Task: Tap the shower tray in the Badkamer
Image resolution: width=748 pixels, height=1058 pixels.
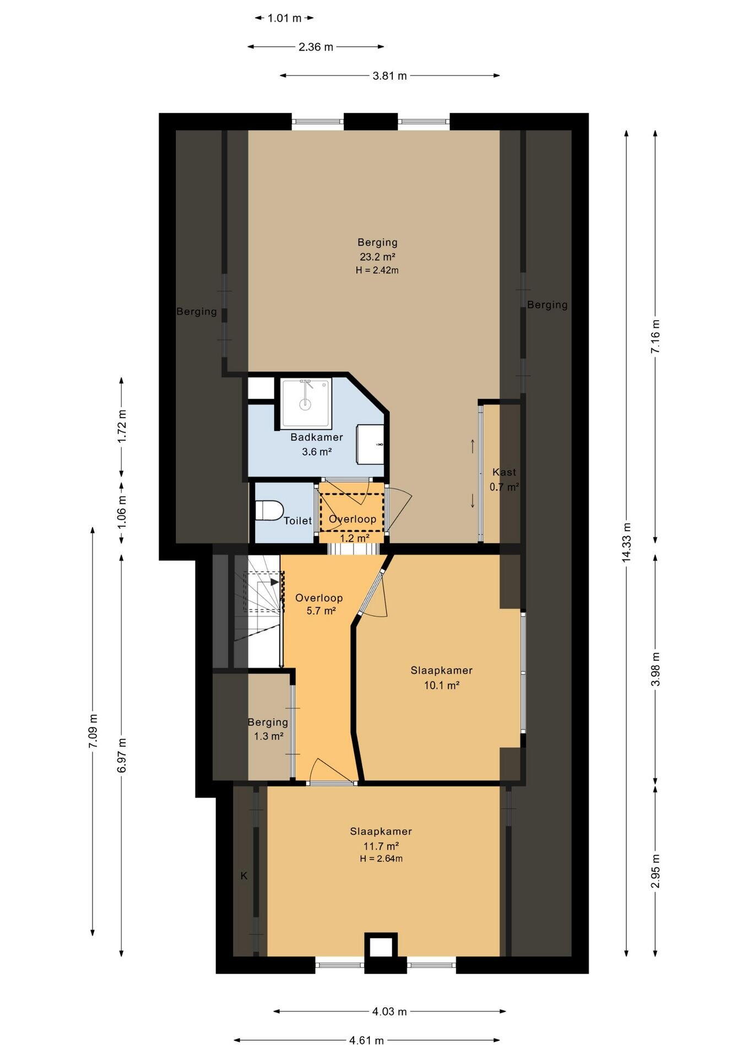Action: tap(306, 403)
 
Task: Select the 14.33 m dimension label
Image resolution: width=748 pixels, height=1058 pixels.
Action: tap(626, 542)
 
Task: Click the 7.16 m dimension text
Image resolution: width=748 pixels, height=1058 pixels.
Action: tap(655, 337)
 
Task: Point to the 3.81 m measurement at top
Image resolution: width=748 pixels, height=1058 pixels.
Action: tap(390, 76)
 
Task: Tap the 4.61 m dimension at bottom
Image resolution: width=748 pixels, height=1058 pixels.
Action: tap(366, 1040)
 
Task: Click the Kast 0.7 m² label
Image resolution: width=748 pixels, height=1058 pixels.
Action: tap(505, 479)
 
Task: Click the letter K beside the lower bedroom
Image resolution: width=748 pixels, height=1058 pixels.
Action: tap(244, 876)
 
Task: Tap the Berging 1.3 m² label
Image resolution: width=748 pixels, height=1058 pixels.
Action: tap(268, 729)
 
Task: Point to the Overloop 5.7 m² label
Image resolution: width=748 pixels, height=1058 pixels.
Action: tap(319, 604)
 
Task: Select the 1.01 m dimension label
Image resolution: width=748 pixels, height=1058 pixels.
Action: tap(285, 18)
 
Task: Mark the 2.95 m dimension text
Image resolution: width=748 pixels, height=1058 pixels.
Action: tap(655, 871)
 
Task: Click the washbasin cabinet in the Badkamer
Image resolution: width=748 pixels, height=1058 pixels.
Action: tap(370, 444)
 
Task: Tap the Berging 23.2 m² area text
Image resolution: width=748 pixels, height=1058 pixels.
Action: tap(378, 256)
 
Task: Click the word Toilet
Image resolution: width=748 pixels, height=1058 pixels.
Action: tap(298, 521)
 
